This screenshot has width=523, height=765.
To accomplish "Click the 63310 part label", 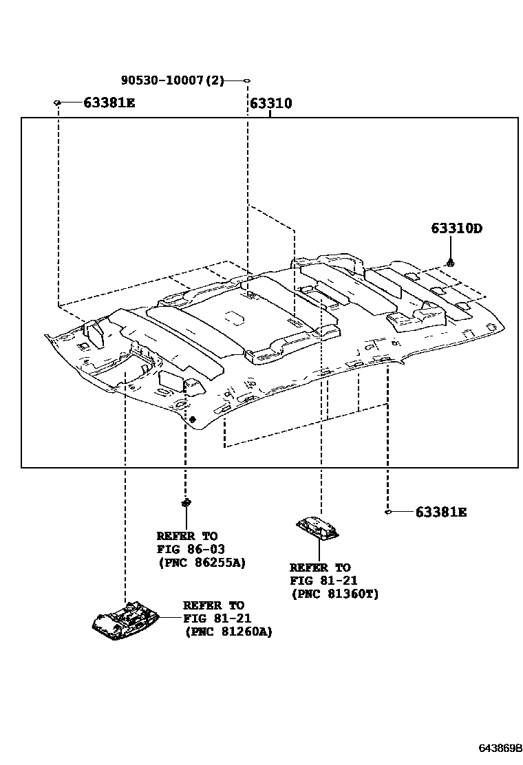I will pos(270,104).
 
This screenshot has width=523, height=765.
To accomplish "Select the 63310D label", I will pos(456,228).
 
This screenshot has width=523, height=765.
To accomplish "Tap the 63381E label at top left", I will pos(109,103).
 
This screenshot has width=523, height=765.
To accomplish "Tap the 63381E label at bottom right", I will pos(440,512).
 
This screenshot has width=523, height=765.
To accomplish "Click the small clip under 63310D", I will pos(450,262).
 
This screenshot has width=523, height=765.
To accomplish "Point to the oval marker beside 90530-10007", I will pos(246,81).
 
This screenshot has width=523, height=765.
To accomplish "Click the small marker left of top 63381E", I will pos(58,103).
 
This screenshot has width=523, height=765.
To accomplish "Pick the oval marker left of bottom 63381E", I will pos(388,512).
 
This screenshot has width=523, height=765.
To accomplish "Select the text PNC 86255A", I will pos(201,562).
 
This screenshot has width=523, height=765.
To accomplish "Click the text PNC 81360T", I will pos(334,594).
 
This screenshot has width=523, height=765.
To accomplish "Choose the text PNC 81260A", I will pos(228,632).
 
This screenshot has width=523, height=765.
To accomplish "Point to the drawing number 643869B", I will pos(501,746).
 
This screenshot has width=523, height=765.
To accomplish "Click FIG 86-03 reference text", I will pos(191,549).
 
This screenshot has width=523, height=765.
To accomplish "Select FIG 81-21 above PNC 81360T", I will pos(323,581).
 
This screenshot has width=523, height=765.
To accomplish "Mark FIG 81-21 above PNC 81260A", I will pos(217,618).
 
